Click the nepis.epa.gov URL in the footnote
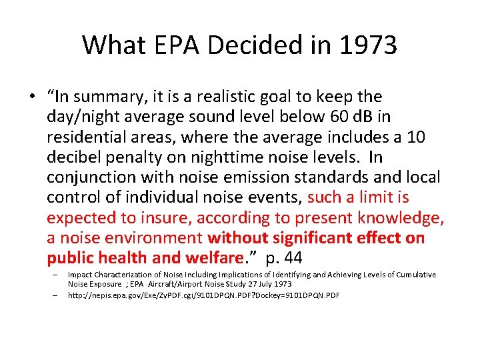(203, 295)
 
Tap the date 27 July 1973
(266, 284)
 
